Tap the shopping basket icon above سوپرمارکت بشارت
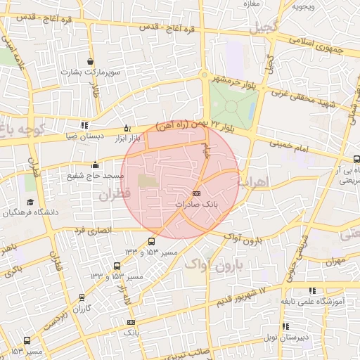89,62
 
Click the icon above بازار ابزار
127,128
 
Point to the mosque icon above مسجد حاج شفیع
96,165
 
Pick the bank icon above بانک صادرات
195,193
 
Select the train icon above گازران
84,298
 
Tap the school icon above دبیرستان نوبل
285,327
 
